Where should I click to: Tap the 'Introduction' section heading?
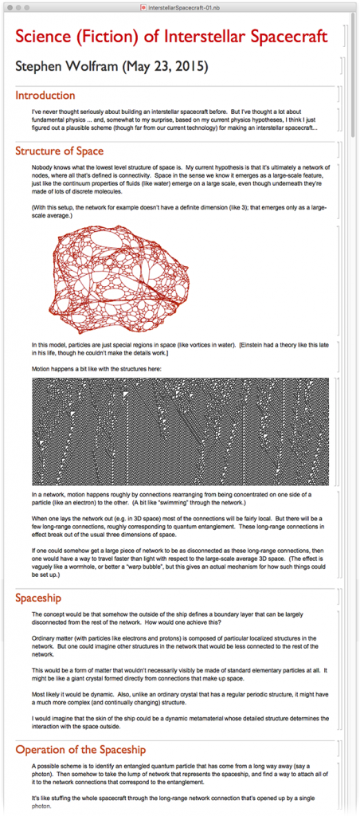click(45, 96)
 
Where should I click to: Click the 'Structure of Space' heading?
click(59, 151)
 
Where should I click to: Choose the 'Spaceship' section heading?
click(38, 597)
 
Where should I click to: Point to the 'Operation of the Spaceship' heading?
click(80, 749)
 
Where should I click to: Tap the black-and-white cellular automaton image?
click(179, 431)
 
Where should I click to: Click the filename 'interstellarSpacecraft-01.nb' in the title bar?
click(184, 6)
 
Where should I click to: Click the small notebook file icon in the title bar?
click(143, 6)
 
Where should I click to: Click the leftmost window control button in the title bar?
click(6, 6)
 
